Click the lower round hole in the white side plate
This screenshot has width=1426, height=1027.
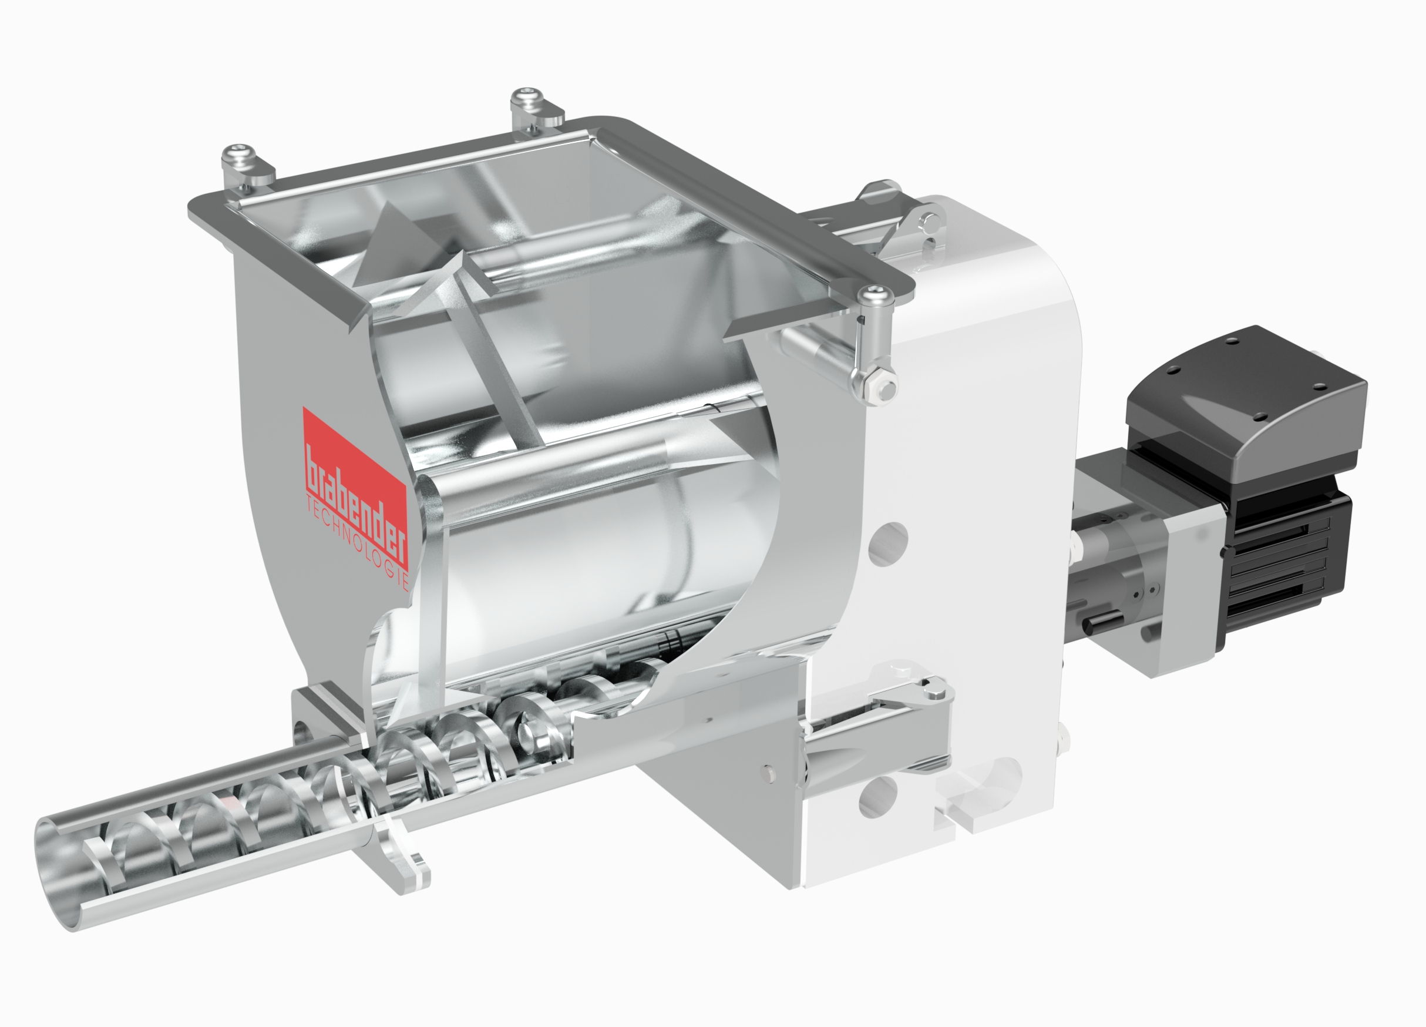pyautogui.click(x=877, y=796)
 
